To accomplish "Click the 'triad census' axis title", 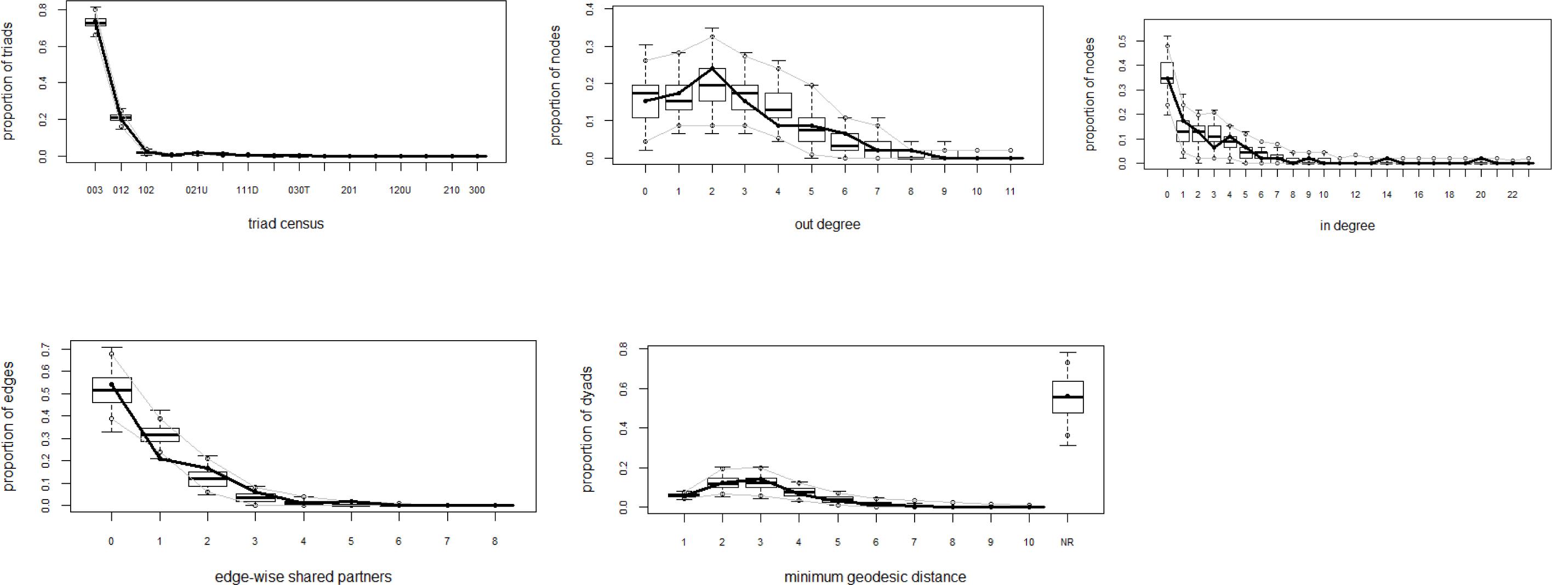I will pyautogui.click(x=286, y=223).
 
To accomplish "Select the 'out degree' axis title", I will pyautogui.click(x=827, y=225).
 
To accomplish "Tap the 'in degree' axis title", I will pyautogui.click(x=1347, y=226).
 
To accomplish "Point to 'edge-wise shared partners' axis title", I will pyautogui.click(x=303, y=577).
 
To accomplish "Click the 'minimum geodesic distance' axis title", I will pyautogui.click(x=875, y=577).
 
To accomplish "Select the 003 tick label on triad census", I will pyautogui.click(x=95, y=191).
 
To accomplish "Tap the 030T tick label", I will pyautogui.click(x=298, y=191).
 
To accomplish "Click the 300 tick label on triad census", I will pyautogui.click(x=477, y=191).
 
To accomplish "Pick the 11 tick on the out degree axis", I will pyautogui.click(x=1011, y=192).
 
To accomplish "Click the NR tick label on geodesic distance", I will pyautogui.click(x=1067, y=542).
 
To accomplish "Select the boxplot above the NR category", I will pyautogui.click(x=1068, y=397).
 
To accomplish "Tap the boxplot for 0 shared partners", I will pyautogui.click(x=111, y=390).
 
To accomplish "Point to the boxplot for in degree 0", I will pyautogui.click(x=1167, y=73).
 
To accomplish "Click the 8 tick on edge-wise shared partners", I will pyautogui.click(x=495, y=542).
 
